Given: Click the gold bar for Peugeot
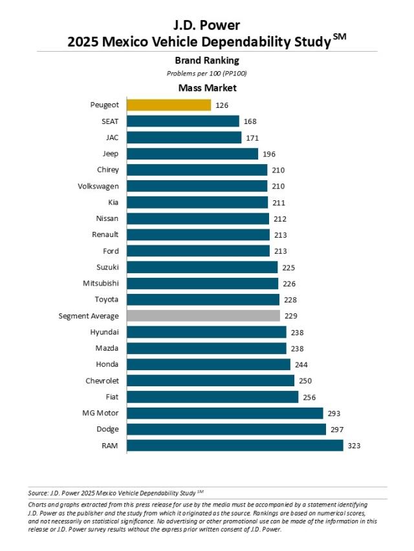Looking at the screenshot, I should (169, 105).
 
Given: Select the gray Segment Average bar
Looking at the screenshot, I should (203, 316).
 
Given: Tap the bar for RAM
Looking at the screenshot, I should (235, 445).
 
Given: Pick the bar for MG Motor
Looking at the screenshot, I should (224, 413).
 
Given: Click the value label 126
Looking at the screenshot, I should (223, 105).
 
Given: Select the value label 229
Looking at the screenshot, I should (292, 316).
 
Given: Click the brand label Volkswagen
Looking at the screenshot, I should (98, 186).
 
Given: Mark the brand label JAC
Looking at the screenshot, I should (111, 137).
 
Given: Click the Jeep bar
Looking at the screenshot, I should (192, 154).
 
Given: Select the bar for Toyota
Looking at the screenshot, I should (203, 300).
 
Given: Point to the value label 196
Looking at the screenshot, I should (270, 154).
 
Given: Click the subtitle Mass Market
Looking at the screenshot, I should (207, 88).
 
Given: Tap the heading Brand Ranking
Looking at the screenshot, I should (207, 61).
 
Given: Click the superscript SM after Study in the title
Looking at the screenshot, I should (341, 37).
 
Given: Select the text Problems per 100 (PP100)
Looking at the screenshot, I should (207, 74).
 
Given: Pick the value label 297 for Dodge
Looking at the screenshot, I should (337, 429).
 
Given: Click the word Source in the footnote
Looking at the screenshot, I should (38, 493).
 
